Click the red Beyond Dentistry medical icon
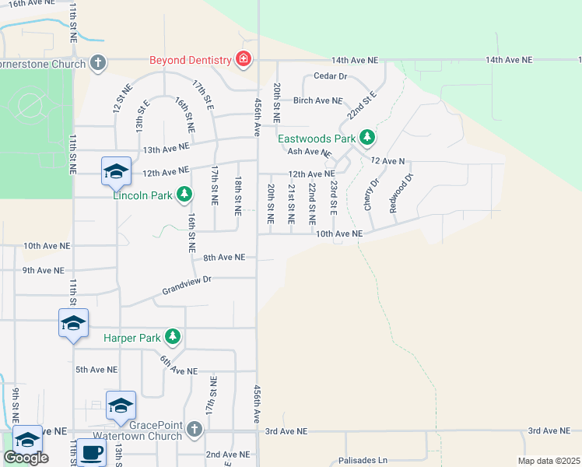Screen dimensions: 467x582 pyautogui.click(x=244, y=60)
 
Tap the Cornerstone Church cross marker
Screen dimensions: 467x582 pyautogui.click(x=98, y=62)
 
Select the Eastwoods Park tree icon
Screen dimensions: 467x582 pyautogui.click(x=367, y=139)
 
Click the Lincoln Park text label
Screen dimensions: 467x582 pyautogui.click(x=142, y=195)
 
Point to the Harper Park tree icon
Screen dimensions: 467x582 pyautogui.click(x=173, y=338)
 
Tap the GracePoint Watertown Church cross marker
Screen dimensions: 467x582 pyautogui.click(x=194, y=428)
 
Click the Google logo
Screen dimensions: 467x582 pyautogui.click(x=26, y=458)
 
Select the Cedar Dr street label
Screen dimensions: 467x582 pyautogui.click(x=329, y=76)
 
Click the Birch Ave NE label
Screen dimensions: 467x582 pyautogui.click(x=317, y=100)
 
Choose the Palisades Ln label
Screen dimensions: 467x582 pyautogui.click(x=363, y=461)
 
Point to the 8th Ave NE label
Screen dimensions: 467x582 pyautogui.click(x=224, y=257)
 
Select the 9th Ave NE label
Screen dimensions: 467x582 pyautogui.click(x=43, y=270)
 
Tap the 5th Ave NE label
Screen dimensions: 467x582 pyautogui.click(x=96, y=370)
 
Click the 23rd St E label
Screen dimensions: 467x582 pyautogui.click(x=333, y=198)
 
